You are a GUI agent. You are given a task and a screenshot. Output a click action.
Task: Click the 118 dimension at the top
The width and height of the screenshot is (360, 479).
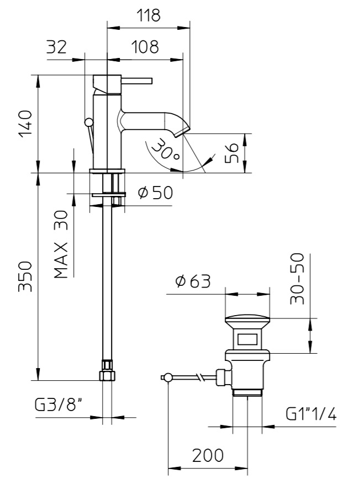(148, 15)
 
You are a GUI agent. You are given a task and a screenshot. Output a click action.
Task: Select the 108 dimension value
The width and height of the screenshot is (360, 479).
(145, 47)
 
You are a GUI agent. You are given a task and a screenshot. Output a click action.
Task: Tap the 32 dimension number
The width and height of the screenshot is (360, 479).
(56, 47)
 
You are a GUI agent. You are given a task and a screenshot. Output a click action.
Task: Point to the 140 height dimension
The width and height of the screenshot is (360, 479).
(25, 124)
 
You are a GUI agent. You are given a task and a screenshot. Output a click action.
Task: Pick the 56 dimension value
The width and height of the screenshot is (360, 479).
(231, 153)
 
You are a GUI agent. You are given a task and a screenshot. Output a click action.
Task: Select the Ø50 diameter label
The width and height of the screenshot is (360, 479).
(155, 193)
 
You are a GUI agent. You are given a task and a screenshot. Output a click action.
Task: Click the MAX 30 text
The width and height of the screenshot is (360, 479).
(61, 244)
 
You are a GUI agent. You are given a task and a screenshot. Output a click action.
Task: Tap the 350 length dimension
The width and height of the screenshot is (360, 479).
(25, 276)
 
